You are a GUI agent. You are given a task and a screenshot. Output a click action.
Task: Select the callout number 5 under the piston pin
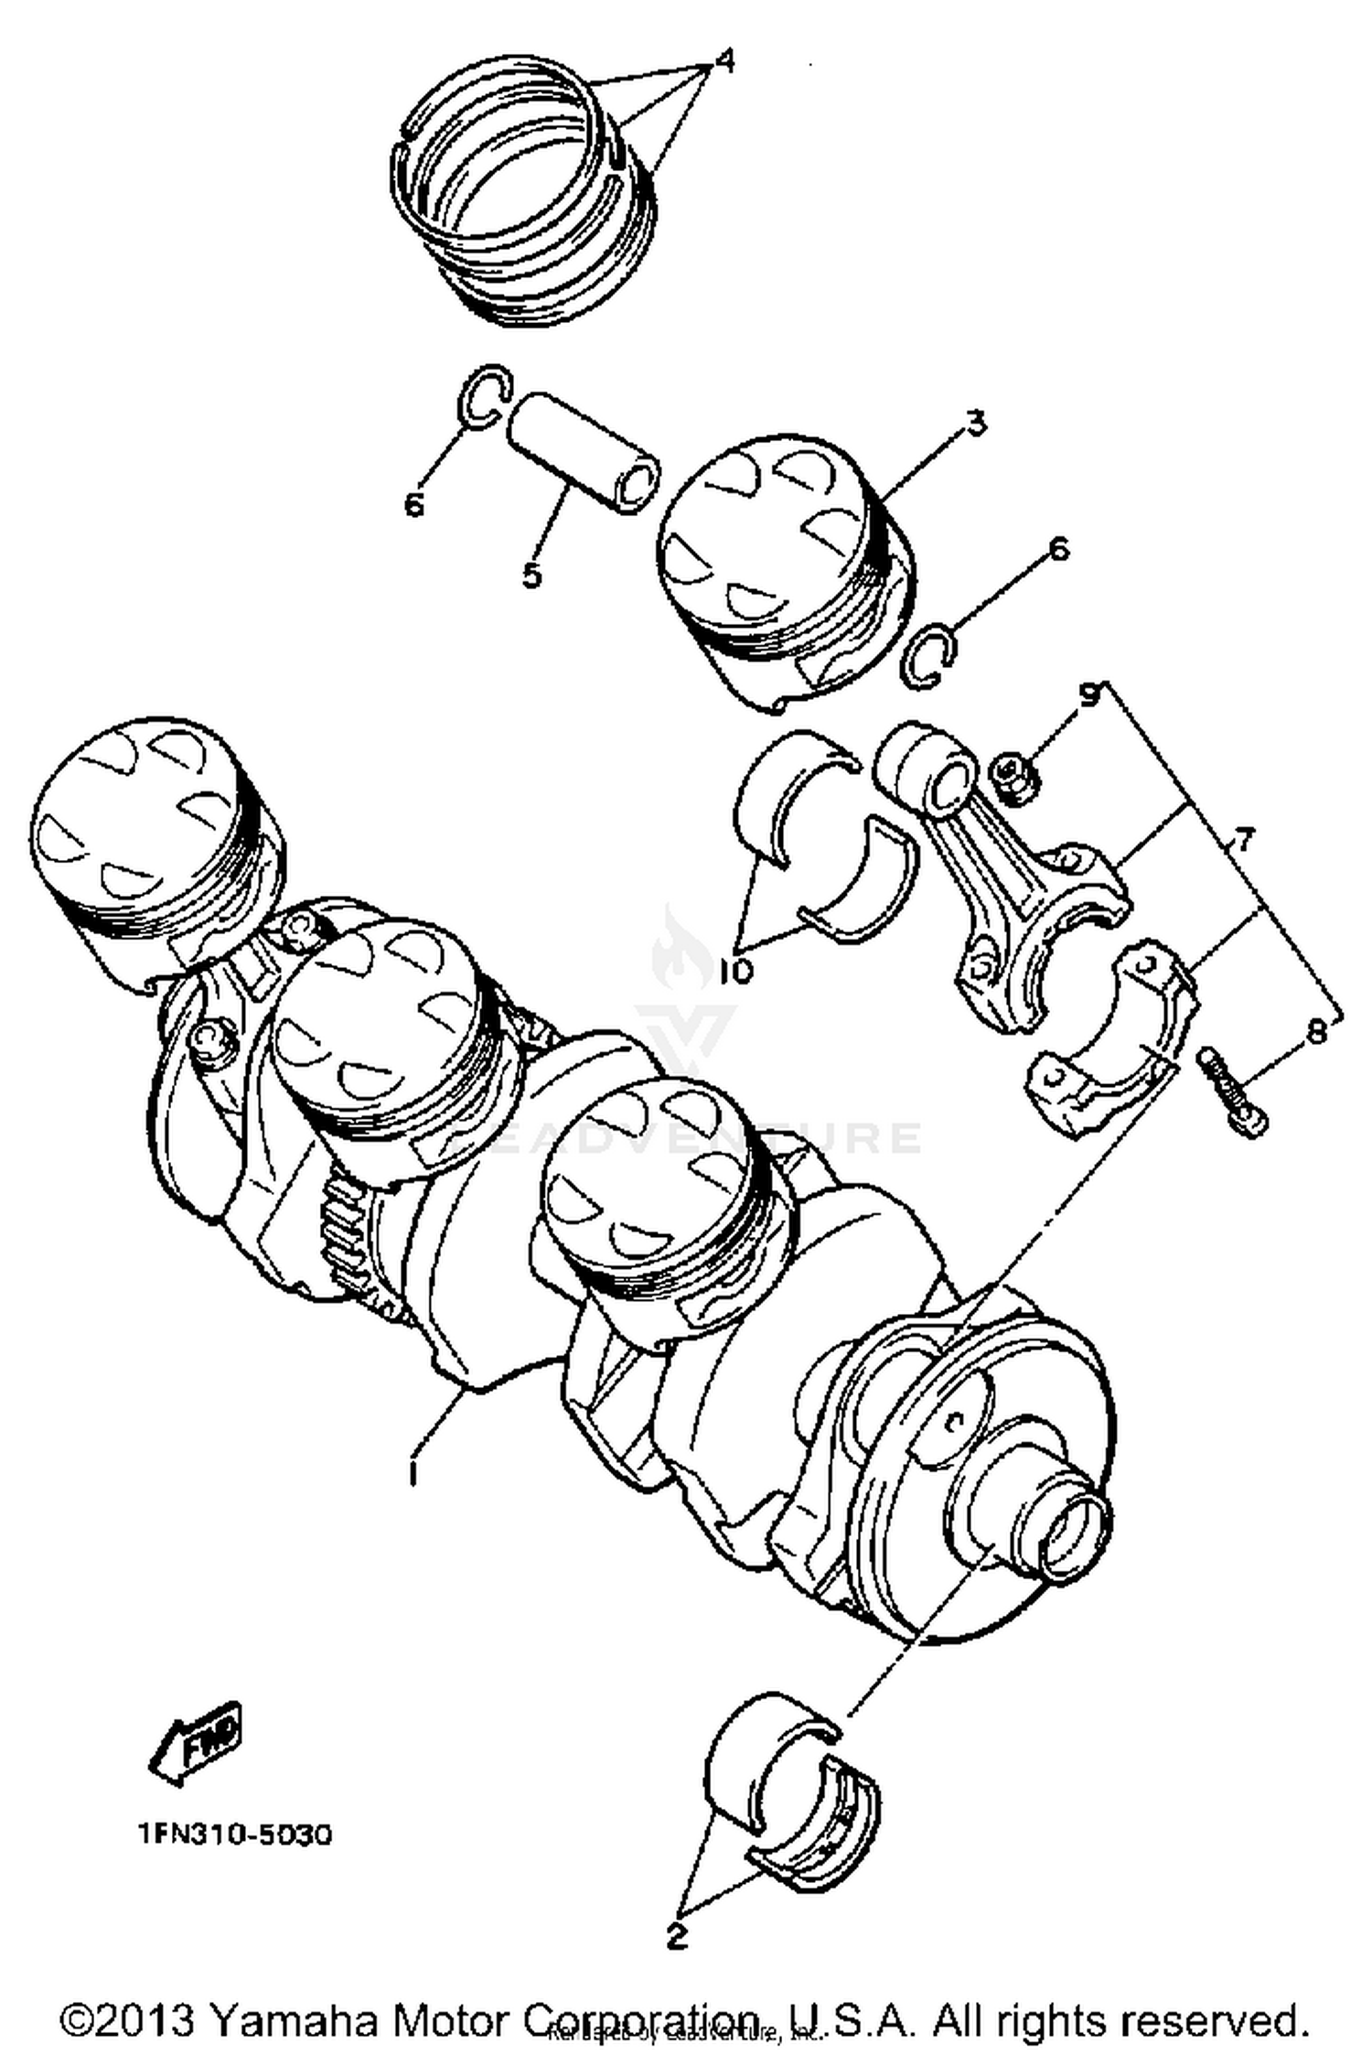coord(531,576)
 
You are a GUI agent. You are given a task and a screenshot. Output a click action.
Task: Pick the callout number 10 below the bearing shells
coord(734,972)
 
